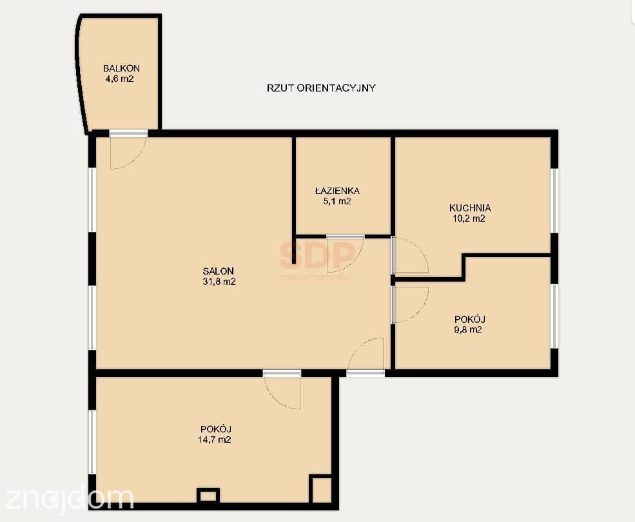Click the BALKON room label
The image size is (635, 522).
(121, 68)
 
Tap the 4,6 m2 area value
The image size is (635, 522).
(119, 79)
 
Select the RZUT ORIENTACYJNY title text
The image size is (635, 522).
(321, 88)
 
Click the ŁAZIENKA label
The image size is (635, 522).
(337, 190)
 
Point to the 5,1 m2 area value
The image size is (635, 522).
(337, 201)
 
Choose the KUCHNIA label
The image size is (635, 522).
(470, 208)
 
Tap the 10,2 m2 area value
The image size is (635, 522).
(469, 218)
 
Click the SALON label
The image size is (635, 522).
(219, 271)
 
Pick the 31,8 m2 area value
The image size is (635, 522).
(219, 282)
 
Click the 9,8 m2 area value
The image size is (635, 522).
(468, 330)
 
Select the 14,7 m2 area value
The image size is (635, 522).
(214, 440)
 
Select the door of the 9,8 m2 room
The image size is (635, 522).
(421, 312)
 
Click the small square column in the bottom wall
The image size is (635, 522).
(208, 496)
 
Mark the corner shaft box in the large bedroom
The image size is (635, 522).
(321, 488)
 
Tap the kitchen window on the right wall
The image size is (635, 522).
(555, 200)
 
